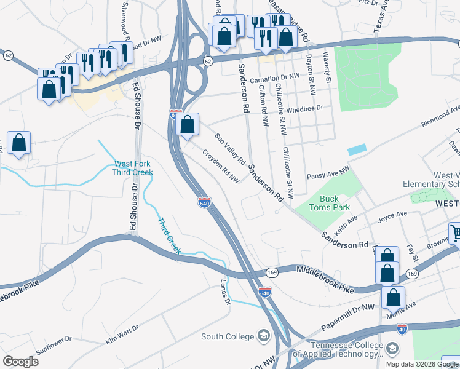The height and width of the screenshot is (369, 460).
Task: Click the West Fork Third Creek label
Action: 133,168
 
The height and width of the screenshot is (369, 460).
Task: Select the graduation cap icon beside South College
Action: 264,336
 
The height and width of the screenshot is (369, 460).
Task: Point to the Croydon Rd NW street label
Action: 221,167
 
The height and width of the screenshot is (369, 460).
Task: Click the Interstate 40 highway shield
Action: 402,329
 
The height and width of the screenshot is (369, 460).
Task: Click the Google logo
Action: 20,361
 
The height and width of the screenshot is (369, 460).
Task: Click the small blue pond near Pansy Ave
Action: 356,149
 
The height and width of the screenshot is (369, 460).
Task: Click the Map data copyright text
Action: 421,363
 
